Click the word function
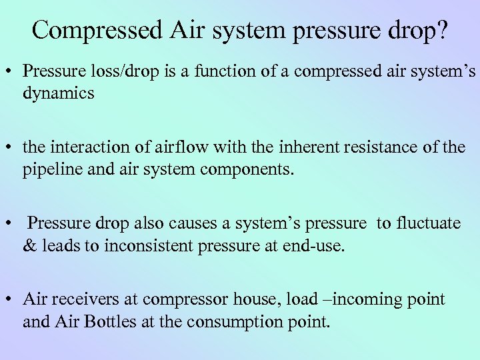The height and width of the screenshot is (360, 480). tap(203, 71)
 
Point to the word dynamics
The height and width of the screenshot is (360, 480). tap(59, 93)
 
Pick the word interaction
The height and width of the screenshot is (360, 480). tap(91, 147)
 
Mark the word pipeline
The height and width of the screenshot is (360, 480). tap(51, 169)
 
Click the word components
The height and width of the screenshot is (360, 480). tap(245, 169)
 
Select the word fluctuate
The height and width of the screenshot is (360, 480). tap(427, 223)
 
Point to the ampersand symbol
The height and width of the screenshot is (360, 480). tap(29, 245)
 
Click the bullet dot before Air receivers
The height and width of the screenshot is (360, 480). tap(14, 299)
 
